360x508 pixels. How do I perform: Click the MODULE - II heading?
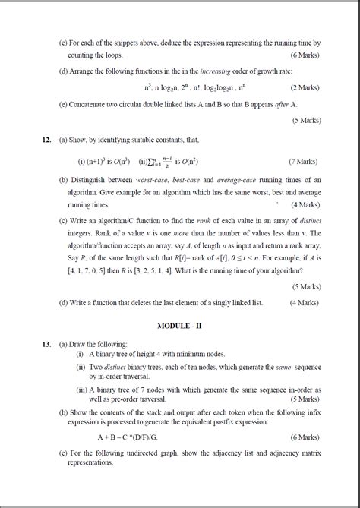[185, 325]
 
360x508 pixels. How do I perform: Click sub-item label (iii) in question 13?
[81, 390]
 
